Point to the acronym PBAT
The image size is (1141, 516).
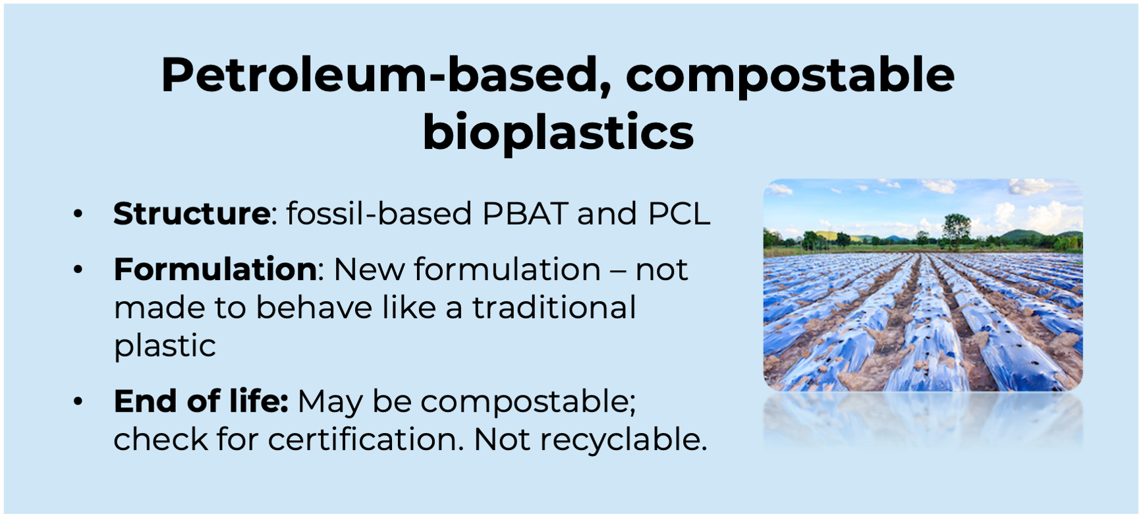[x=524, y=214]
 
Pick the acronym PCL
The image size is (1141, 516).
[x=679, y=214]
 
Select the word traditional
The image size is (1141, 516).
[x=554, y=307]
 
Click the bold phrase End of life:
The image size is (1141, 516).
[x=201, y=401]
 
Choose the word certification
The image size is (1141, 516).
[x=366, y=439]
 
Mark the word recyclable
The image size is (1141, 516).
[x=623, y=439]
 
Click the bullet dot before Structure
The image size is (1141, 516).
[x=78, y=214]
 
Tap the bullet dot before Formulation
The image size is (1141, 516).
[x=78, y=270]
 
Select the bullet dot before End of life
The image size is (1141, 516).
[x=78, y=401]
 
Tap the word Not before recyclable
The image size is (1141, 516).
[x=501, y=439]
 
